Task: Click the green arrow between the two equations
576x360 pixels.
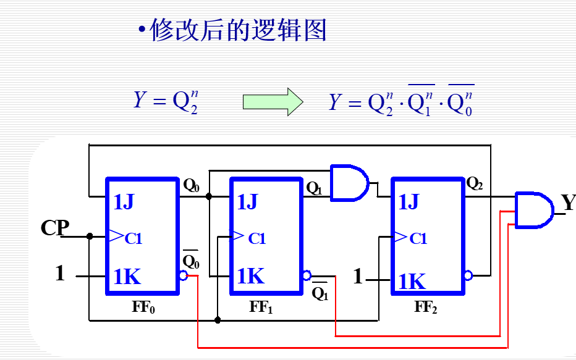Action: (x=273, y=101)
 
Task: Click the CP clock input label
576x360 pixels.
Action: (x=55, y=228)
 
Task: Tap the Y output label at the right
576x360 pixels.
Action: (x=568, y=203)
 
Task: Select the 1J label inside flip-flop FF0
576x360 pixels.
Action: (x=124, y=202)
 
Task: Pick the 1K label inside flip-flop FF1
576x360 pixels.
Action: (x=250, y=276)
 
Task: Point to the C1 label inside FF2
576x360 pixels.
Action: (x=418, y=238)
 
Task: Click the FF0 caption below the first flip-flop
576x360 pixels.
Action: (x=143, y=307)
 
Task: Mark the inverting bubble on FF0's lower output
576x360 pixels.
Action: (x=183, y=275)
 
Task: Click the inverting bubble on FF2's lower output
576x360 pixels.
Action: (x=468, y=275)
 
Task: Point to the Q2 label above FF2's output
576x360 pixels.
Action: (x=475, y=183)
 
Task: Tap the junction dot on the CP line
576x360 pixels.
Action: (x=90, y=236)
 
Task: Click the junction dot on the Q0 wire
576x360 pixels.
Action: (x=209, y=196)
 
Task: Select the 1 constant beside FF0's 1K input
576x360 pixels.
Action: (x=60, y=274)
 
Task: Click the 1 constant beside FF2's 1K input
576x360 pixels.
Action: (x=358, y=276)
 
